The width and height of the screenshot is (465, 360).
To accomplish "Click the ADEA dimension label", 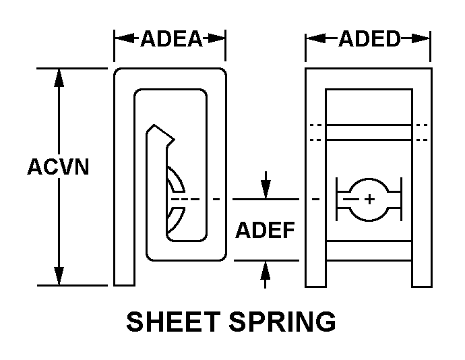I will pos(170,38).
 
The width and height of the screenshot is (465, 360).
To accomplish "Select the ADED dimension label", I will pos(369,38).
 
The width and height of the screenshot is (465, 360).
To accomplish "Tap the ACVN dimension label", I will pos(58,167).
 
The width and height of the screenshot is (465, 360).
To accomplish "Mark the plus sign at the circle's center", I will pos(369,200).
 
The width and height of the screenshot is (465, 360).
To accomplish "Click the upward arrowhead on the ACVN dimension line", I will pos(59,76).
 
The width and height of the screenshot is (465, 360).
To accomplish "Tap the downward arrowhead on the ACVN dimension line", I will pos(59,276).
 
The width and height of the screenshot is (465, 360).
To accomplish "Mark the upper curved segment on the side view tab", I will pos(175,181).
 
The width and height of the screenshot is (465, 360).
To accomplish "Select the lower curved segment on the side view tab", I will pos(175,217).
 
